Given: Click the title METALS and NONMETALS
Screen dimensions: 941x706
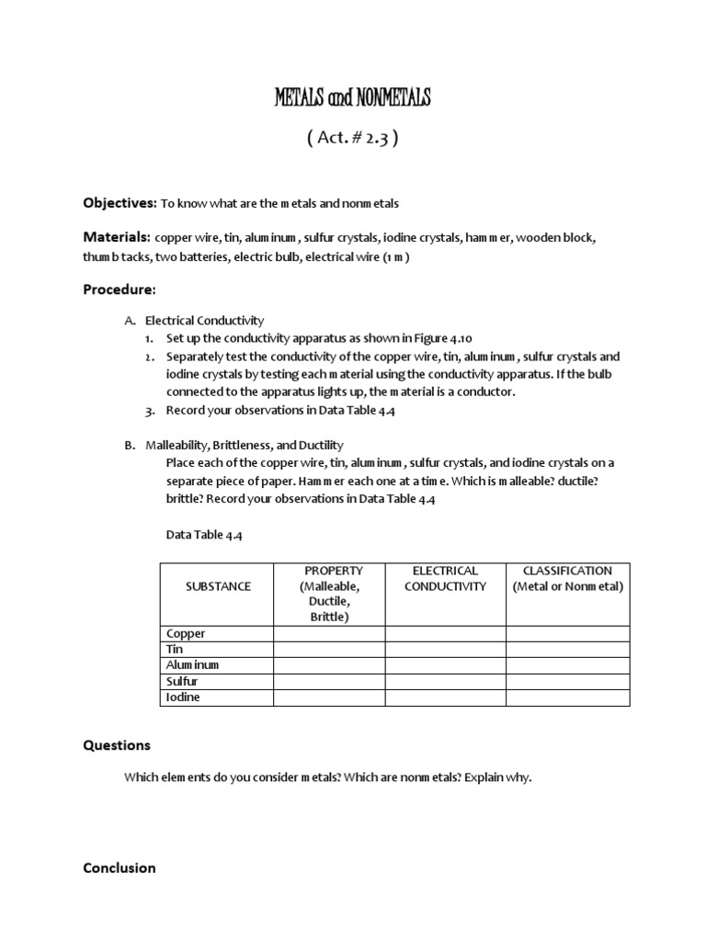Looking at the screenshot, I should pyautogui.click(x=352, y=98).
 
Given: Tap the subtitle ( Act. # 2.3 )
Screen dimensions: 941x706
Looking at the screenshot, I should pyautogui.click(x=352, y=139).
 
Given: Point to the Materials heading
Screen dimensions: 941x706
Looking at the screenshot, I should pyautogui.click(x=117, y=236).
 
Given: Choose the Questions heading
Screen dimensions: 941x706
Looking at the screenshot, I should pyautogui.click(x=117, y=745).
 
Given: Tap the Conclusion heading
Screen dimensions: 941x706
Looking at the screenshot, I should pyautogui.click(x=120, y=867).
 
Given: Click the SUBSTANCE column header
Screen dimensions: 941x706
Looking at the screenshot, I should pyautogui.click(x=218, y=586).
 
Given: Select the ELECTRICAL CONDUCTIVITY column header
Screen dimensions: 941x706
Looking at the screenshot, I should pyautogui.click(x=445, y=579).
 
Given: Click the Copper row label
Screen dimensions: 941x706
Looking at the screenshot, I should pyautogui.click(x=186, y=634).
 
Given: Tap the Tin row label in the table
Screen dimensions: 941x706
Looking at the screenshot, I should pyautogui.click(x=176, y=650).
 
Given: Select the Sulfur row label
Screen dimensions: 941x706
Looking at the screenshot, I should pyautogui.click(x=182, y=682).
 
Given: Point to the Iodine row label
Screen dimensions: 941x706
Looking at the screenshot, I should pyautogui.click(x=183, y=697).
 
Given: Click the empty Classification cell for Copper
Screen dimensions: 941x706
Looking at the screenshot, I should pyautogui.click(x=567, y=634).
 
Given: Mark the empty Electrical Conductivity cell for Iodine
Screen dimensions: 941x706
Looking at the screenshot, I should pyautogui.click(x=445, y=697).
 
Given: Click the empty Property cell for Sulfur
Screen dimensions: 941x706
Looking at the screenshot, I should pyautogui.click(x=329, y=682).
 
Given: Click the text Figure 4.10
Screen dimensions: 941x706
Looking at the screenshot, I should pyautogui.click(x=445, y=337).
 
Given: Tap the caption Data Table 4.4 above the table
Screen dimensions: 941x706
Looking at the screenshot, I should pyautogui.click(x=204, y=534).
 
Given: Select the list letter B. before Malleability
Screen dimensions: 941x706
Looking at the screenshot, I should pyautogui.click(x=131, y=445).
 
